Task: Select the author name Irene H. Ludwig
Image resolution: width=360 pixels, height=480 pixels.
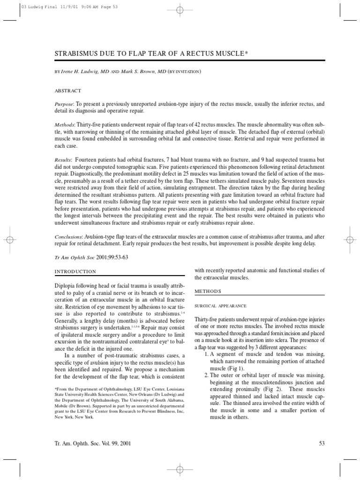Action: coord(88,71)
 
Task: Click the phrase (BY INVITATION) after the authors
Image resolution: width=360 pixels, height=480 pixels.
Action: coord(184,71)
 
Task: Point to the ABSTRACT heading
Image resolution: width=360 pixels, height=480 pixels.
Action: coord(68,90)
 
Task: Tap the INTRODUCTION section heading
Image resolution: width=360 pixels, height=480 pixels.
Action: coord(75,271)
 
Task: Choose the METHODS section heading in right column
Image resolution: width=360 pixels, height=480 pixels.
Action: coord(208,291)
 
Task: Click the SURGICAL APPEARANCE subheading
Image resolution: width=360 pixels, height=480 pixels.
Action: coord(220,306)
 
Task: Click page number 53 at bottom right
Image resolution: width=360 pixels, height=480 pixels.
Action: coord(321,443)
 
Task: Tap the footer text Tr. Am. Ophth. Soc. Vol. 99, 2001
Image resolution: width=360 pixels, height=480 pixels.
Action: coord(92,443)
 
